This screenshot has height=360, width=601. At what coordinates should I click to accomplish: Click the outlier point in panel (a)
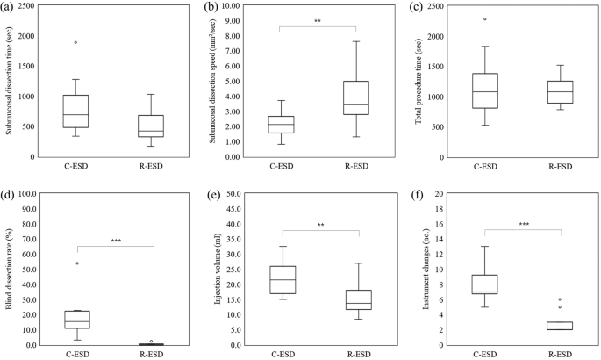pyautogui.click(x=76, y=42)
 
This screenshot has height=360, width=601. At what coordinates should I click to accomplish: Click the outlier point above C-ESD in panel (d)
pyautogui.click(x=76, y=263)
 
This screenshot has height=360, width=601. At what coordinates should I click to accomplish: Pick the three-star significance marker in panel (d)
pyautogui.click(x=115, y=241)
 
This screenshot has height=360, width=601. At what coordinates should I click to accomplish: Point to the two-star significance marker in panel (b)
pyautogui.click(x=318, y=21)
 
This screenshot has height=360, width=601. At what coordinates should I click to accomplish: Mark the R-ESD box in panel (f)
pyautogui.click(x=560, y=326)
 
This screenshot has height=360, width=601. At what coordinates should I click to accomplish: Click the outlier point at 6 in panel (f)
pyautogui.click(x=560, y=299)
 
